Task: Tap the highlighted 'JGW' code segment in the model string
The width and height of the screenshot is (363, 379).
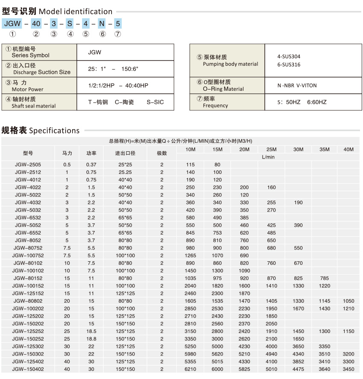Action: [13, 23]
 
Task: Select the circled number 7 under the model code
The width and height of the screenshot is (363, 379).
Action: [118, 34]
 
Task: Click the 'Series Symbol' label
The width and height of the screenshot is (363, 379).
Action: [30, 55]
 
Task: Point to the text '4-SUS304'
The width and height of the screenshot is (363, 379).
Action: [289, 56]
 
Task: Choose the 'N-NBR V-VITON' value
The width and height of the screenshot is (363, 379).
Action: [297, 85]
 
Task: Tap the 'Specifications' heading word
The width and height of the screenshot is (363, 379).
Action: [54, 130]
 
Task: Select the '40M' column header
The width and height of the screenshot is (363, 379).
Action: [348, 149]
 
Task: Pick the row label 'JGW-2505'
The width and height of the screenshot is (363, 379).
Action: [28, 165]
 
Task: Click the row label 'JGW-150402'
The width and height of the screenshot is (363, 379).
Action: [28, 369]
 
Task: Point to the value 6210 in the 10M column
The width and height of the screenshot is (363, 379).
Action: [190, 369]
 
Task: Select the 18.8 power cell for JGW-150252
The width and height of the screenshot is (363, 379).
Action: [91, 338]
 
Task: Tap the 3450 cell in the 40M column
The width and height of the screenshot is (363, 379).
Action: [348, 369]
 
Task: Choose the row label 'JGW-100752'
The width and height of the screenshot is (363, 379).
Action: [28, 256]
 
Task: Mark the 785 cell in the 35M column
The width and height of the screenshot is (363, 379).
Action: [325, 278]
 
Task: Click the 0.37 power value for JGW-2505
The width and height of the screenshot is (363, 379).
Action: [91, 165]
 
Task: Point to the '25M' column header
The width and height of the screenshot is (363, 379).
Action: [271, 149]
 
